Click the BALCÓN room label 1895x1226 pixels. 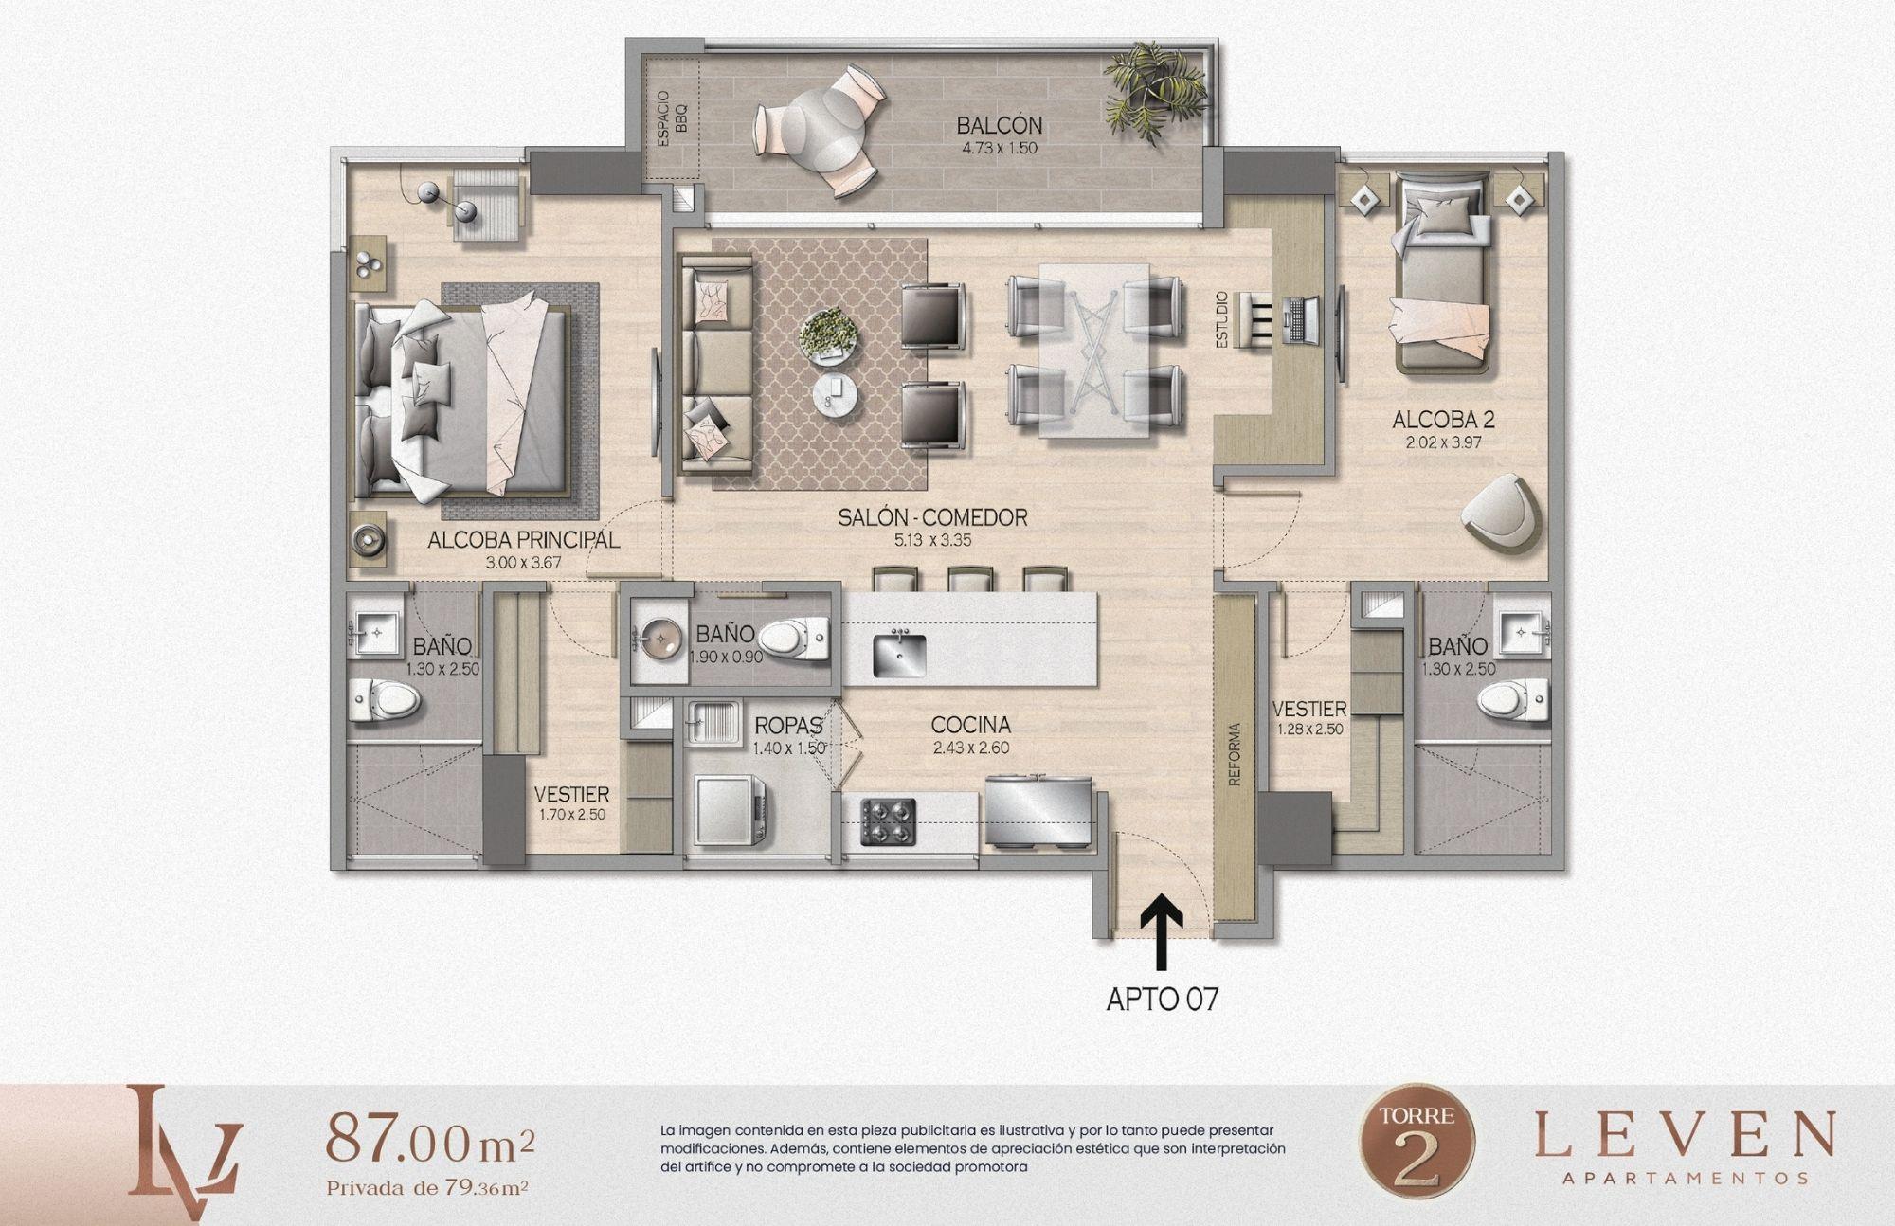[985, 125]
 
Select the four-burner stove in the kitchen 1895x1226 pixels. [889, 821]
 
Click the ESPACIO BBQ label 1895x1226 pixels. [672, 119]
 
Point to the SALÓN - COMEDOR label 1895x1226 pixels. [932, 517]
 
